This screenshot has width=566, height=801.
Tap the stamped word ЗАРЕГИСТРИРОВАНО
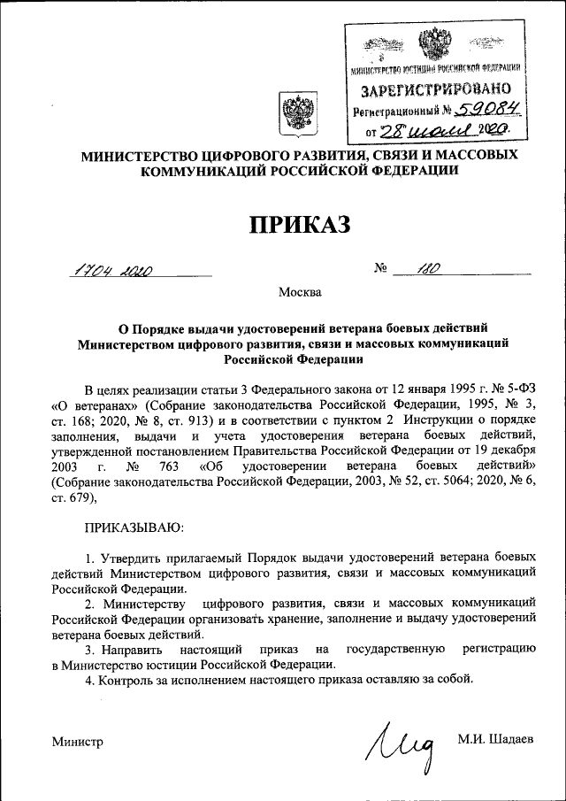[x=436, y=90]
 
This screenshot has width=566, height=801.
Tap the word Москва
[x=300, y=292]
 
